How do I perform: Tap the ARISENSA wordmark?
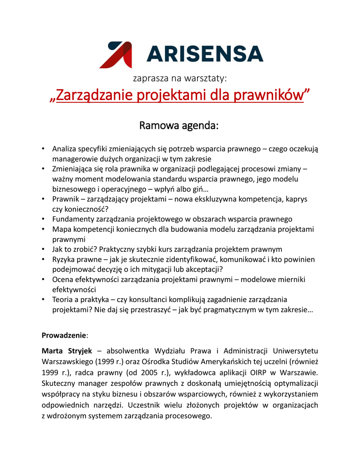205,54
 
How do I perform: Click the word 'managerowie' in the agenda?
75,159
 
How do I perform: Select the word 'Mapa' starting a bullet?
61,229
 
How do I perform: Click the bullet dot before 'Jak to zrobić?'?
42,249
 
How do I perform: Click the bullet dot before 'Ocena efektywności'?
42,279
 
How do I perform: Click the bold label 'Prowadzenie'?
64,335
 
